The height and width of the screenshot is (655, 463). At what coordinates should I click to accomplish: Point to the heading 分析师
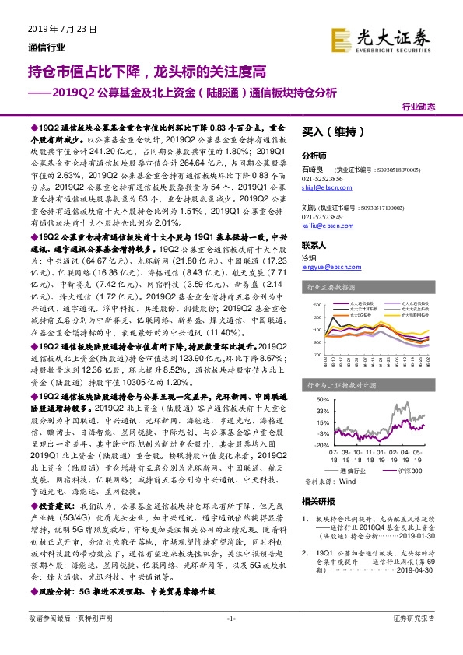click(314, 155)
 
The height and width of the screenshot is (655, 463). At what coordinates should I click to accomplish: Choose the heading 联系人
click(314, 244)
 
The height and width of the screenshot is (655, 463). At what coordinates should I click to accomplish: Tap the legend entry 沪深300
click(413, 471)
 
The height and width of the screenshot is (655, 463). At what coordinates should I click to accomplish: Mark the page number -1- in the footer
click(231, 638)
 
